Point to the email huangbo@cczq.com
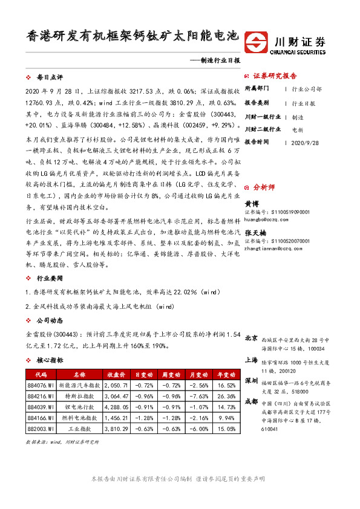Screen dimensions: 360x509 coord(267,219)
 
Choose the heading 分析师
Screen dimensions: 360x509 coord(264,187)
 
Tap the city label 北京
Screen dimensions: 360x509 coord(251,338)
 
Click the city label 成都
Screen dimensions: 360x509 coord(251,401)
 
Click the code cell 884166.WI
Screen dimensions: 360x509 coord(40,418)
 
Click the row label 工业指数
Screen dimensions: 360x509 coord(76,429)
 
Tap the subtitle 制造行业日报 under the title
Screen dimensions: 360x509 coord(221,60)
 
